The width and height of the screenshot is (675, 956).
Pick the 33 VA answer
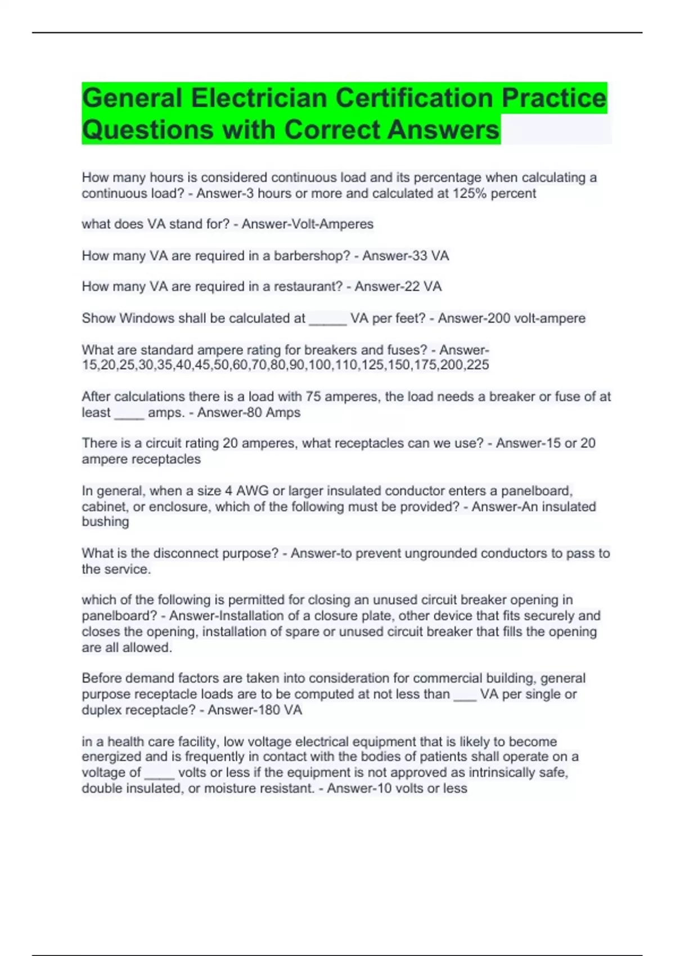tap(430, 256)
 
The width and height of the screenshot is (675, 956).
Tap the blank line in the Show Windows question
tap(328, 319)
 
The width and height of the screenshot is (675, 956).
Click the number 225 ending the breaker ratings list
tap(478, 365)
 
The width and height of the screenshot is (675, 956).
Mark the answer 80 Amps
tap(274, 412)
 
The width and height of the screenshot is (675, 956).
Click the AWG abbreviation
tap(252, 491)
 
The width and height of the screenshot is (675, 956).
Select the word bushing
tap(105, 522)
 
